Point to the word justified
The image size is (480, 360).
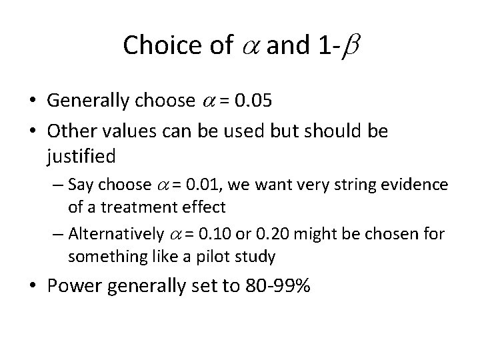point(81,158)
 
